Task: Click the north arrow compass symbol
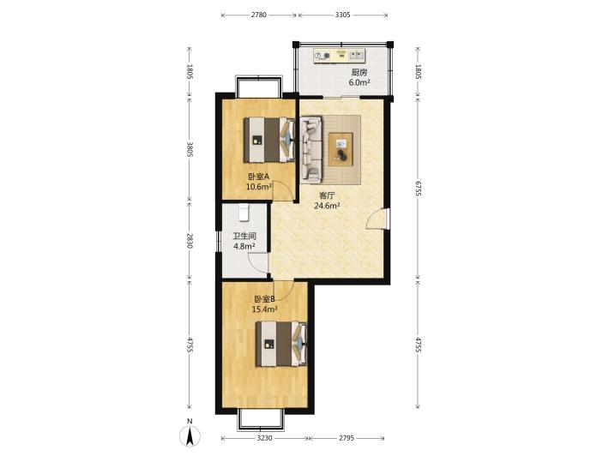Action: pos(190,435)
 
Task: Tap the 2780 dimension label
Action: pos(259,15)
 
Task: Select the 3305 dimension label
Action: pos(342,15)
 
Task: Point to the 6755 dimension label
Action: pos(418,188)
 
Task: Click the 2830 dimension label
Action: pos(190,241)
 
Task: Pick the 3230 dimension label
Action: pos(264,438)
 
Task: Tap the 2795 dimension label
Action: pos(347,438)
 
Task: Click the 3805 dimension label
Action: pos(190,149)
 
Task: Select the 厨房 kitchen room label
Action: pos(359,72)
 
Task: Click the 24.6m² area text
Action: pos(327,206)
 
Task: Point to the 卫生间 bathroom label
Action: pos(244,236)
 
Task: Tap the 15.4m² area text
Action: pos(264,309)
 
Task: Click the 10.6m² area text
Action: pos(259,187)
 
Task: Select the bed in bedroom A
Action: pos(268,140)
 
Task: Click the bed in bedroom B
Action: pos(281,345)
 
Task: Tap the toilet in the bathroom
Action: pos(244,213)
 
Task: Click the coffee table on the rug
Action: pos(341,149)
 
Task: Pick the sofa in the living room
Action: pos(311,149)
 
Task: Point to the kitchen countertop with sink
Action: pos(340,56)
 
